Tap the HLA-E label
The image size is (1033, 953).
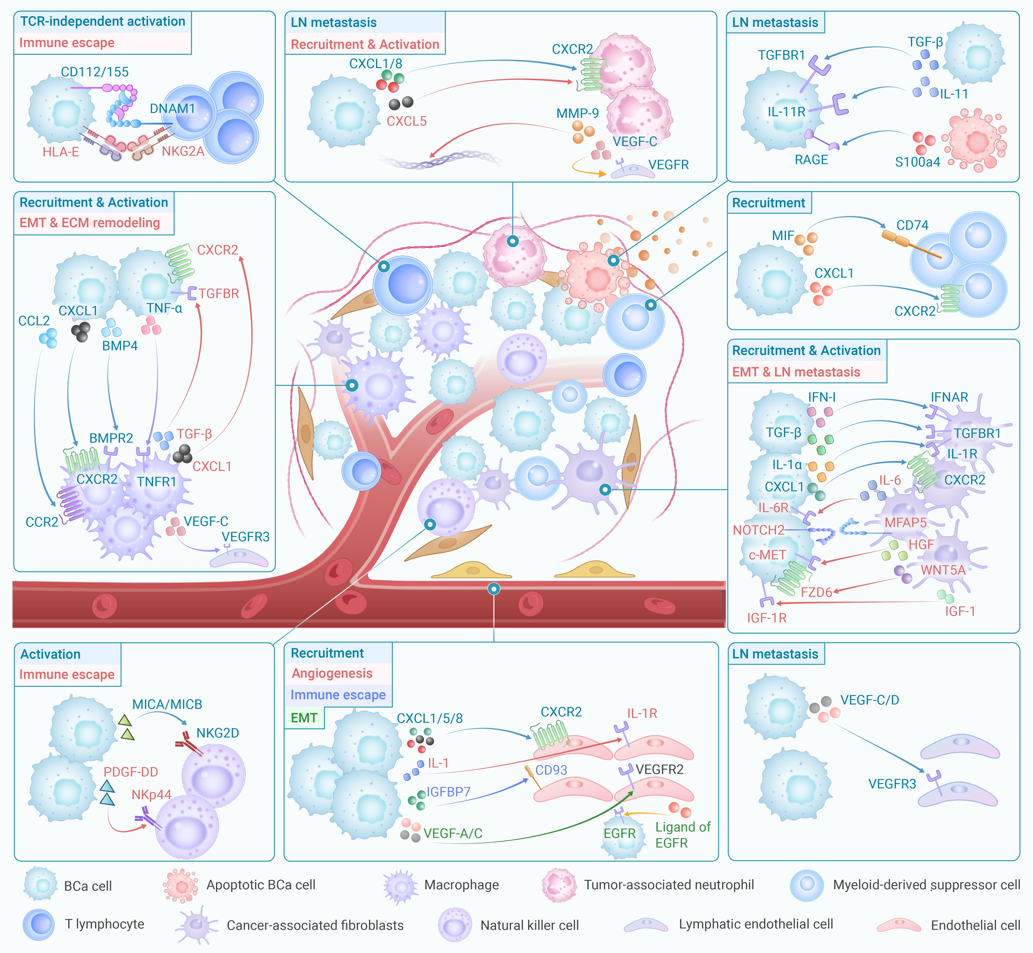click(61, 152)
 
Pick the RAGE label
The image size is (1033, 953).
click(811, 160)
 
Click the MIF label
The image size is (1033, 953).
click(783, 236)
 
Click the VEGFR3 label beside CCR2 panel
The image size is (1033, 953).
click(246, 537)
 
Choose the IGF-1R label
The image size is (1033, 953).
click(767, 618)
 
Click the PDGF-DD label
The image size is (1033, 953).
click(131, 772)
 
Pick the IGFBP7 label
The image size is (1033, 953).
click(448, 792)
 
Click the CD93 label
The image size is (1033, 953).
click(551, 770)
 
